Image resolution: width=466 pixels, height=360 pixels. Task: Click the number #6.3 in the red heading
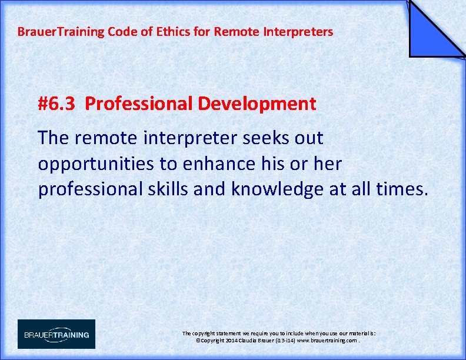(56, 104)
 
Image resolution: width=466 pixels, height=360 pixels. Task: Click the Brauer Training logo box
(56, 334)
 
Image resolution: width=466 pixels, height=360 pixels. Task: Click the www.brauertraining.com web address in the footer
(327, 341)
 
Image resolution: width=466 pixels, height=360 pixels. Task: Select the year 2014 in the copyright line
(227, 341)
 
